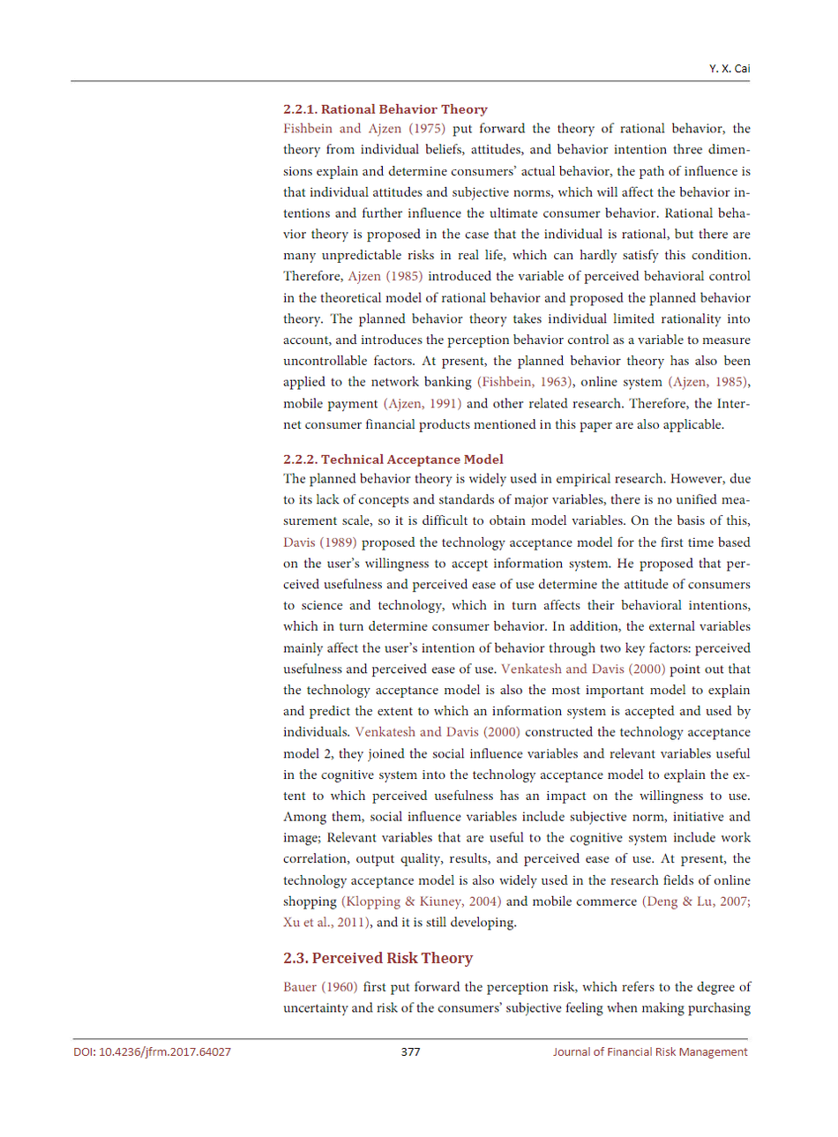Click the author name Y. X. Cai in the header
click(730, 69)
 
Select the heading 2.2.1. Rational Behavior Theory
click(385, 109)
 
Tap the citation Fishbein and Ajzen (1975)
click(364, 129)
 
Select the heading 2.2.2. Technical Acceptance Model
click(393, 460)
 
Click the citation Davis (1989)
click(320, 542)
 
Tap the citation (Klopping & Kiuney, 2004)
click(421, 901)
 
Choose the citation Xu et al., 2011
click(325, 923)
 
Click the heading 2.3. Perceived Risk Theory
click(378, 958)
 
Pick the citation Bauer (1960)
click(320, 987)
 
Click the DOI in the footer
click(152, 1051)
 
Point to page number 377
click(410, 1051)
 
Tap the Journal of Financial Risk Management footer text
click(650, 1051)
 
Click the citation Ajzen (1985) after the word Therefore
click(385, 276)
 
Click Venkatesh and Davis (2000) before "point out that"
click(583, 669)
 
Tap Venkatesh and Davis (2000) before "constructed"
click(438, 732)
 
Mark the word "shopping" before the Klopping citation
click(310, 901)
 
